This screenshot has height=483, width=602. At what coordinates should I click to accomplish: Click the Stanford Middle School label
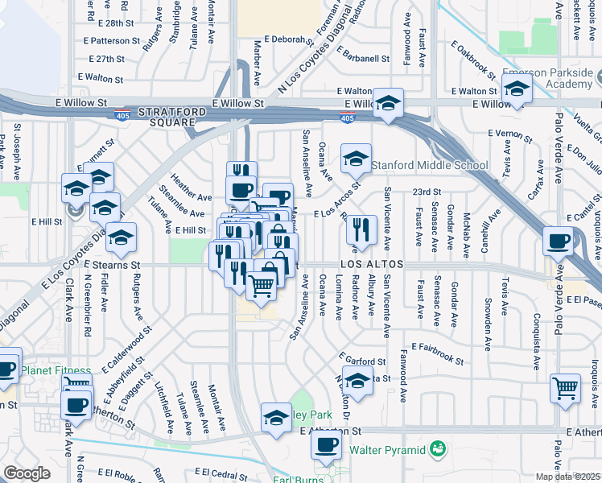pyautogui.click(x=429, y=166)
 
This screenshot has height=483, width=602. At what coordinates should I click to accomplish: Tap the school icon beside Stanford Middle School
pyautogui.click(x=356, y=158)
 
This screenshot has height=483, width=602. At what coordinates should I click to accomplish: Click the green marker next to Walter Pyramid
pyautogui.click(x=438, y=448)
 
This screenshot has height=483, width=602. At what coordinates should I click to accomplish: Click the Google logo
pyautogui.click(x=27, y=473)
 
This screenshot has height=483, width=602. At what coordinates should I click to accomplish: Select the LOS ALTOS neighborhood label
pyautogui.click(x=369, y=264)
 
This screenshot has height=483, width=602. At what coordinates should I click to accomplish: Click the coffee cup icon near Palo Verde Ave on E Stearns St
pyautogui.click(x=558, y=240)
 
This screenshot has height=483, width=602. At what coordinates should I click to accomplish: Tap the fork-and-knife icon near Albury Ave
pyautogui.click(x=361, y=229)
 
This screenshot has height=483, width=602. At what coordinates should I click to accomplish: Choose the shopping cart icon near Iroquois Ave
pyautogui.click(x=565, y=387)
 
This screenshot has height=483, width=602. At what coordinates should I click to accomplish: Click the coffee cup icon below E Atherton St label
pyautogui.click(x=326, y=444)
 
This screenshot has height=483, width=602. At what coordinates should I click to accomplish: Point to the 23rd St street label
pyautogui.click(x=427, y=192)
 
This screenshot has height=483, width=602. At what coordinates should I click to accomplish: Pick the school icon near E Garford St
pyautogui.click(x=357, y=380)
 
